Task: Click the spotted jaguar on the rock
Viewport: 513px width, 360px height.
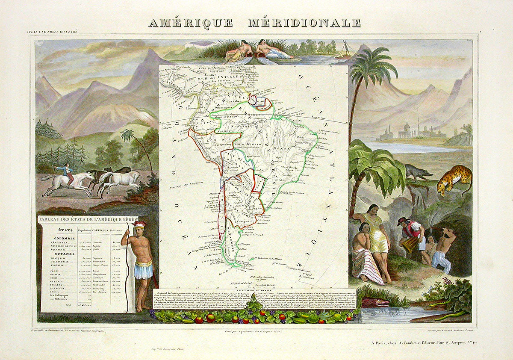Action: [454, 179]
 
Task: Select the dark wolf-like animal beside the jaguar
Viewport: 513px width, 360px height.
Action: [418, 171]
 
